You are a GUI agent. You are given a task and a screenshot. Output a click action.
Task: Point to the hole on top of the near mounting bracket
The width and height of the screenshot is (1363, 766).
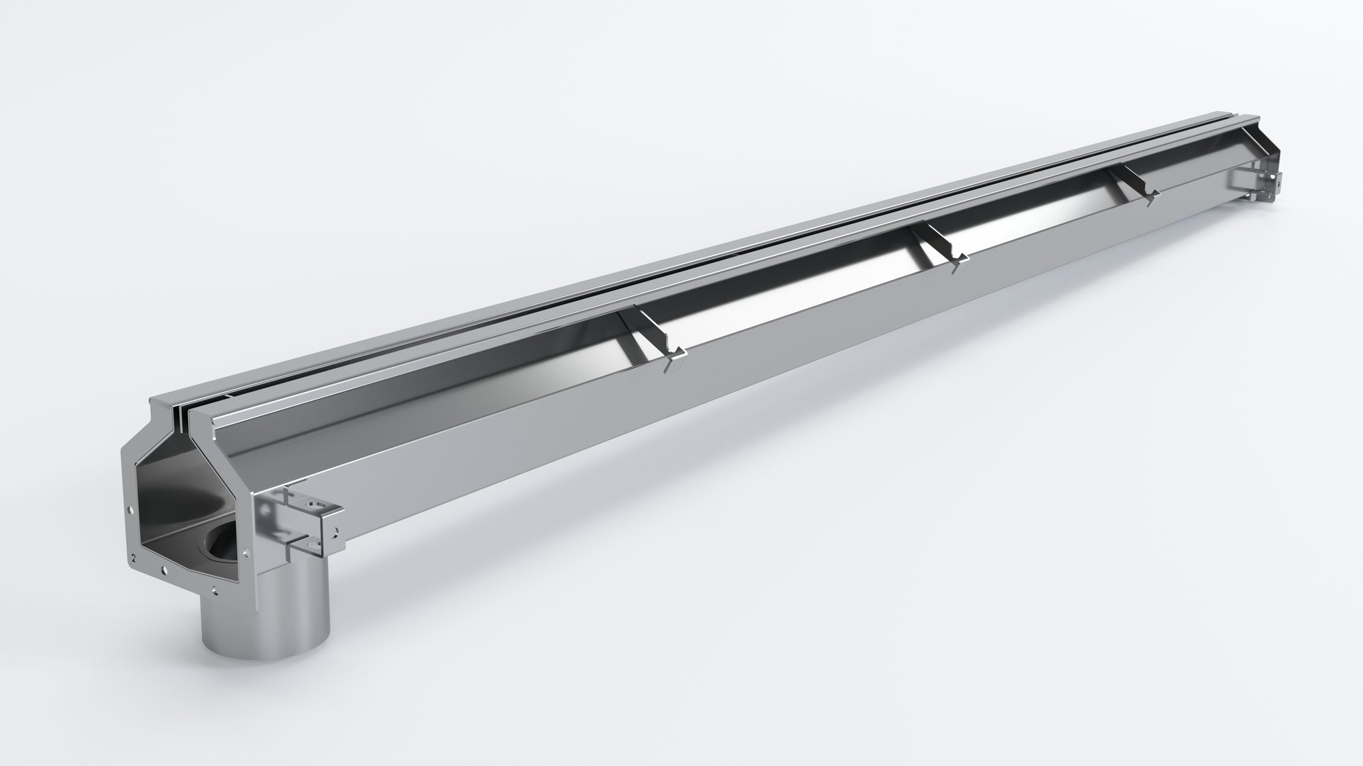pyautogui.click(x=316, y=505)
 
